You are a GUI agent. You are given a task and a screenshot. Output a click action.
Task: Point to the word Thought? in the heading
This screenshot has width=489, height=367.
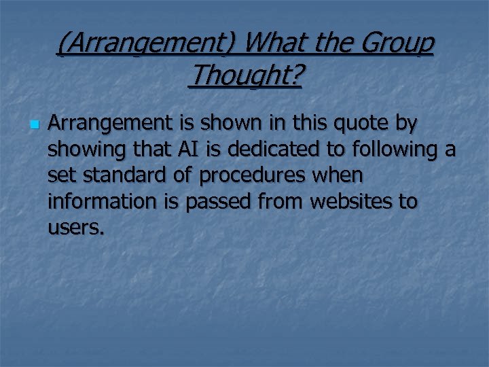tap(245, 76)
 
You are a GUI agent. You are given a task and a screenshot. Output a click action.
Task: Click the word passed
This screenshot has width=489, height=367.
tap(217, 202)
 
